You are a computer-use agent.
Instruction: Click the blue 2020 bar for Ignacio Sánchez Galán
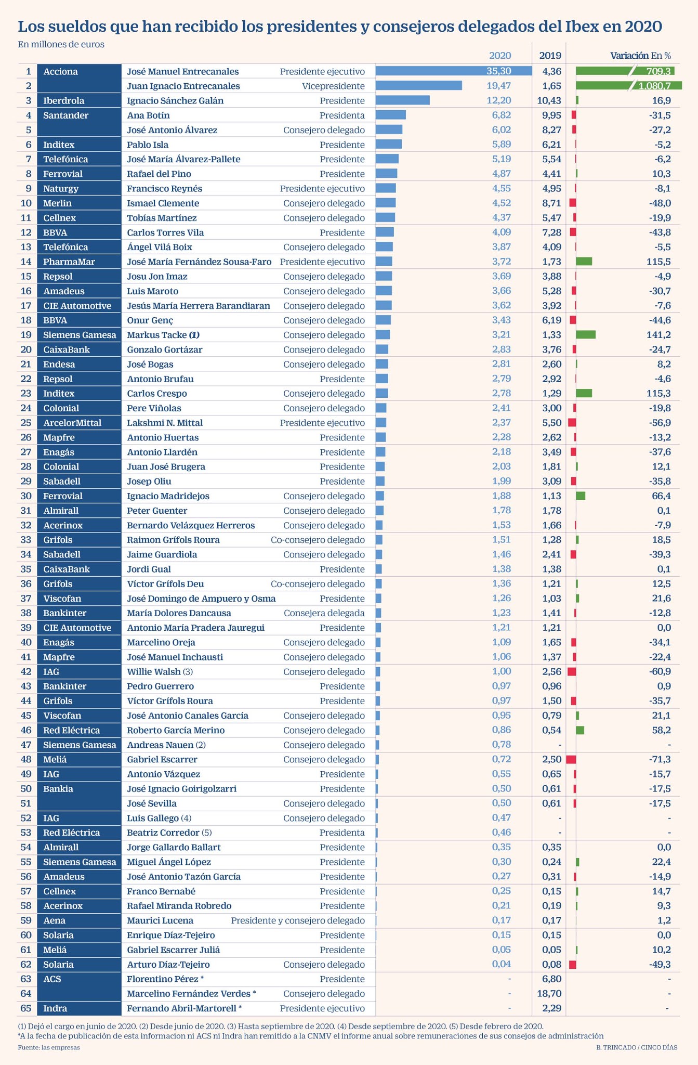pyautogui.click(x=402, y=100)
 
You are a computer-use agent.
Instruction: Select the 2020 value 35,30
pyautogui.click(x=498, y=71)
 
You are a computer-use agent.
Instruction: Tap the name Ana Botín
pyautogui.click(x=148, y=115)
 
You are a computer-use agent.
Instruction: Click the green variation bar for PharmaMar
pyautogui.click(x=584, y=262)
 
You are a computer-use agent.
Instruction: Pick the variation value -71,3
pyautogui.click(x=660, y=759)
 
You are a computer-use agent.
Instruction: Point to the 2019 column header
pyautogui.click(x=550, y=56)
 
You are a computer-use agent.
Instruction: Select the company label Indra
pyautogui.click(x=55, y=1008)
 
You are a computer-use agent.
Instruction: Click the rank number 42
pyautogui.click(x=26, y=671)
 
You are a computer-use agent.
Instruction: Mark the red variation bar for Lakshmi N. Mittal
pyautogui.click(x=572, y=423)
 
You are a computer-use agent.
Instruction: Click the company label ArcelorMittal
pyautogui.click(x=72, y=423)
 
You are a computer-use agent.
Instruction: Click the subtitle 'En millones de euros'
pyautogui.click(x=61, y=44)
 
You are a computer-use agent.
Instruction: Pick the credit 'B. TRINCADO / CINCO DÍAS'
pyautogui.click(x=637, y=1047)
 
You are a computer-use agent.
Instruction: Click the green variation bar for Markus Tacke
pyautogui.click(x=586, y=335)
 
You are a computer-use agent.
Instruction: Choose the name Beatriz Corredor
pyautogui.click(x=163, y=833)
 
